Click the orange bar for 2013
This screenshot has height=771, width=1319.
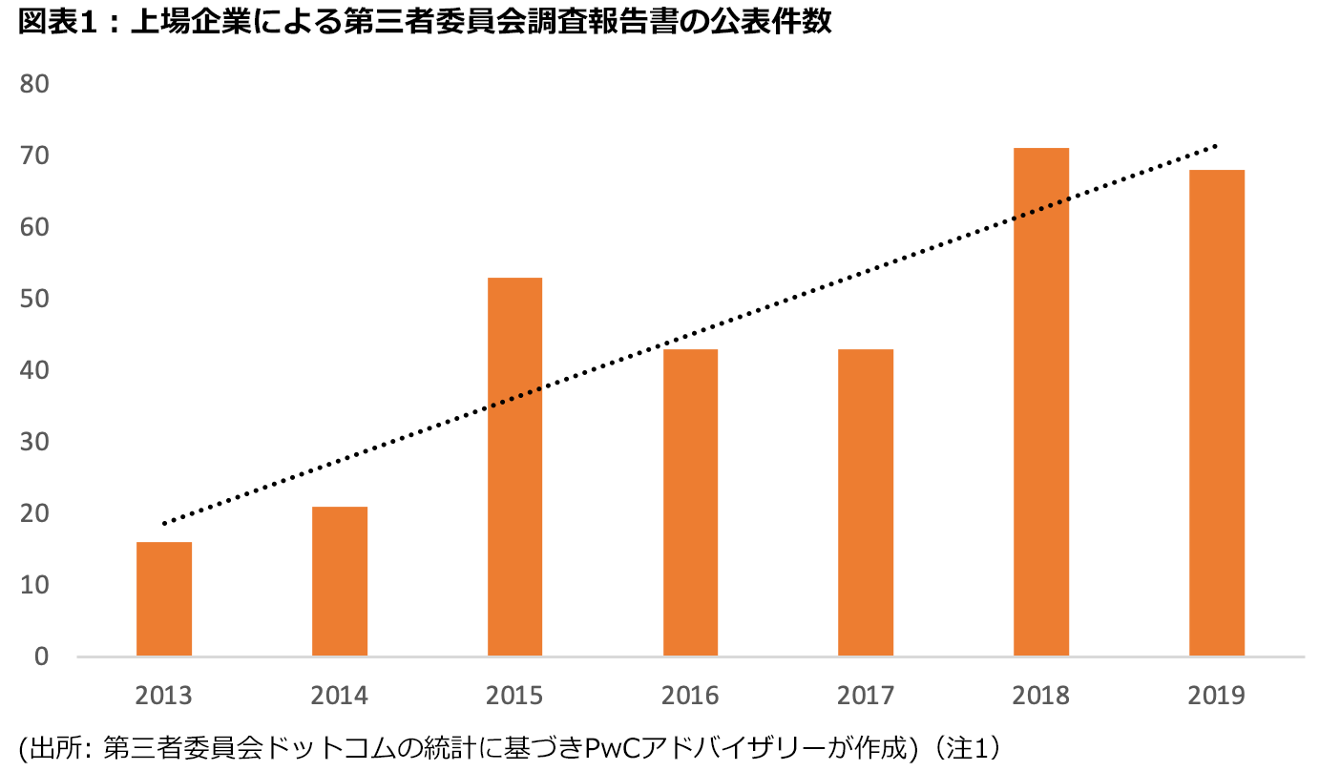point(164,598)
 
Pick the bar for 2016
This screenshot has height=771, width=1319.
point(690,502)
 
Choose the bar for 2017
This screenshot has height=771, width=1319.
point(866,502)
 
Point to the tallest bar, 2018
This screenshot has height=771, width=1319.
point(1041,402)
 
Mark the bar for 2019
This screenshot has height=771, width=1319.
point(1217,412)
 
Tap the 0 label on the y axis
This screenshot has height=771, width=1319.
point(42,656)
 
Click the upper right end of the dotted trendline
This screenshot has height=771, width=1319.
point(1215,146)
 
